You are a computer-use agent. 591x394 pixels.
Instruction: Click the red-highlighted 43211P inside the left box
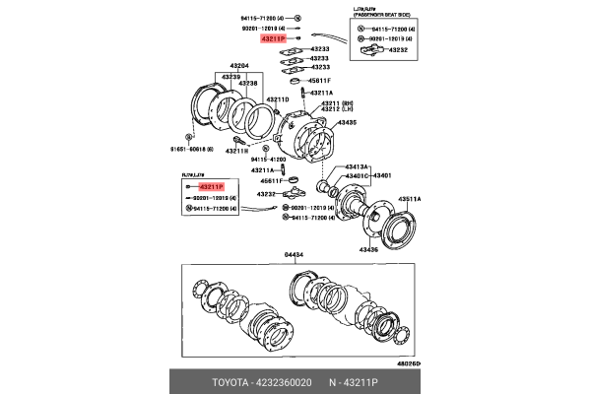(x=211, y=186)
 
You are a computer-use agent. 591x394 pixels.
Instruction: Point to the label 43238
(x=246, y=84)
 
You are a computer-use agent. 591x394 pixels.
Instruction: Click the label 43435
(x=347, y=123)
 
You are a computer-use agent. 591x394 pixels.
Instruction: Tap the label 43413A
(x=357, y=167)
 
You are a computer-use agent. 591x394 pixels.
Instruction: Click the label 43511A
(x=409, y=199)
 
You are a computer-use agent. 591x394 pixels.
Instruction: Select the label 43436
(x=368, y=250)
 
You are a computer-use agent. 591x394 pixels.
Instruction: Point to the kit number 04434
(x=295, y=255)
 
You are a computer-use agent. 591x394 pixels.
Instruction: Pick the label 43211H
(x=235, y=151)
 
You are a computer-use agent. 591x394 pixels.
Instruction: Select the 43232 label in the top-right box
(x=399, y=48)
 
